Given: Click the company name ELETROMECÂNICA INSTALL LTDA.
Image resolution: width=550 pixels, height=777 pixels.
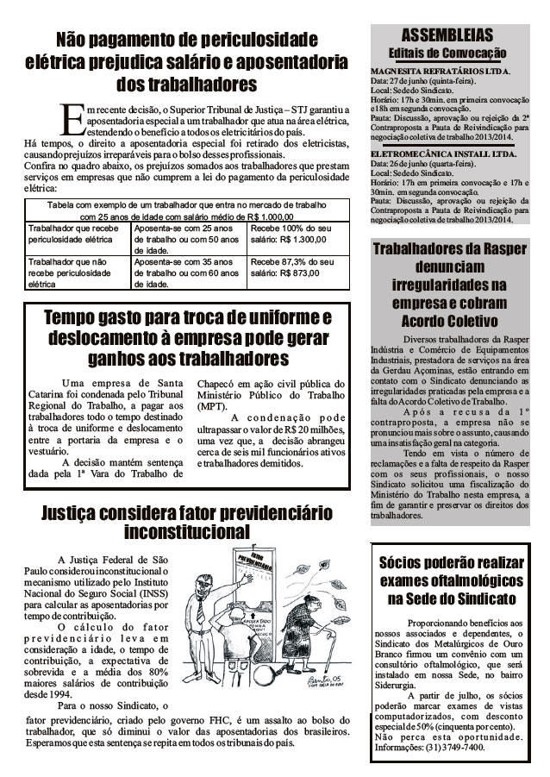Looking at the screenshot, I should coord(440,154).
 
